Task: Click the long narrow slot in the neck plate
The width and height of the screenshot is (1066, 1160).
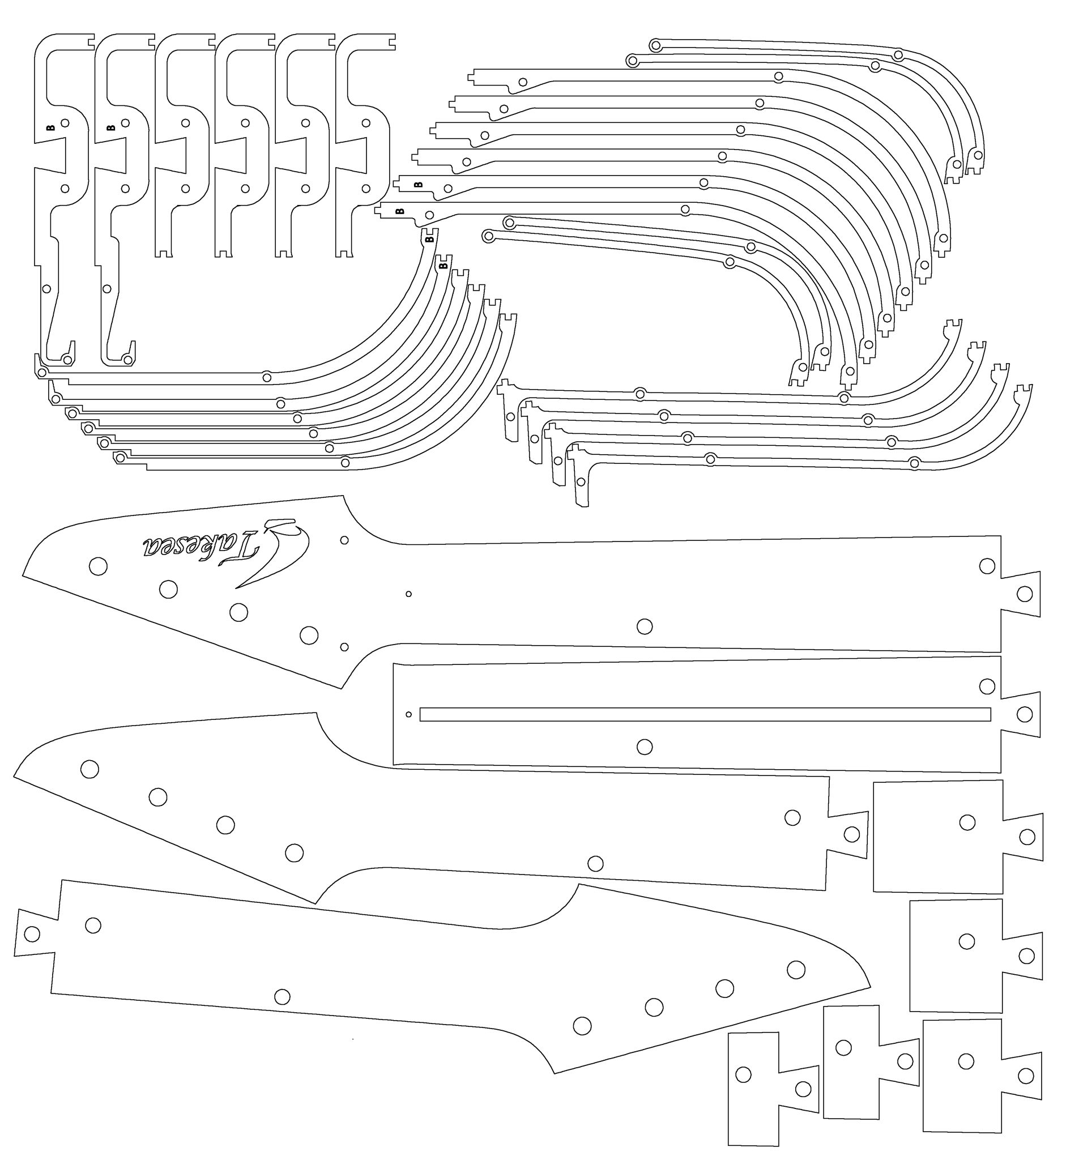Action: click(705, 714)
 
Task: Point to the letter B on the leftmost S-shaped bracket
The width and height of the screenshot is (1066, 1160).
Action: click(50, 127)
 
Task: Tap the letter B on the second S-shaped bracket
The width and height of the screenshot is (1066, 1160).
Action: click(111, 127)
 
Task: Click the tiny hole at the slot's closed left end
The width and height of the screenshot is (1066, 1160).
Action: click(409, 714)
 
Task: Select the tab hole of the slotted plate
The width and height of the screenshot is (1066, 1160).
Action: click(1025, 714)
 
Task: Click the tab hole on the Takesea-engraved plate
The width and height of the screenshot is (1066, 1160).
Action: click(1025, 594)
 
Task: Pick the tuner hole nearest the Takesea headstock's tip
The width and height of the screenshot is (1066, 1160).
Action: click(98, 566)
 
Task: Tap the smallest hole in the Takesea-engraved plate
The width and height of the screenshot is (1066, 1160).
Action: click(409, 594)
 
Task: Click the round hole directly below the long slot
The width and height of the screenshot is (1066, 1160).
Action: click(645, 747)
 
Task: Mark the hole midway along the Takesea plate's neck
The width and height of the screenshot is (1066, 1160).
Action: click(645, 626)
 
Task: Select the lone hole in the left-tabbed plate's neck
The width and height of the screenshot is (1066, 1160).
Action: click(282, 996)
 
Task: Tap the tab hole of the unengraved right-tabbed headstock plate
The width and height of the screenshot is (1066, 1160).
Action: click(851, 834)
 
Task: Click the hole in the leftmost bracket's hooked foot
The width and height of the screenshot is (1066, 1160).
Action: click(67, 360)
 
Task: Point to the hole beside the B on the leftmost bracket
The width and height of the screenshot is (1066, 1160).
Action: click(65, 123)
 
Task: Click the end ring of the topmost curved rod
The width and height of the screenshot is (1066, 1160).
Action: click(655, 44)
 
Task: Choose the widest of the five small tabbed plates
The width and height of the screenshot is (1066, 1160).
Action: click(958, 837)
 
